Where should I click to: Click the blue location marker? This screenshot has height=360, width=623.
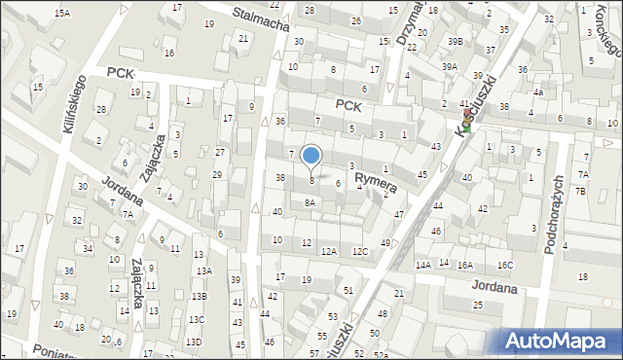311,155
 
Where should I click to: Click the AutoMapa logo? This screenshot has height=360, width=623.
562,341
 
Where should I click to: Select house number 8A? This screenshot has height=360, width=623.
310,202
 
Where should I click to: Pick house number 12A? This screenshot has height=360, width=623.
330,251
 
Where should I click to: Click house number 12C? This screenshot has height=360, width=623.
361,251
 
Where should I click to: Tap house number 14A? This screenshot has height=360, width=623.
422,265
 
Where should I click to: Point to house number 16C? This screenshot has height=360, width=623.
504,265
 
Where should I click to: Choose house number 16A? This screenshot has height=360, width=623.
465,265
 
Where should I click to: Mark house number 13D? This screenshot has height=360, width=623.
194,342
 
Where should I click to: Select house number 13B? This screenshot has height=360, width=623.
199,295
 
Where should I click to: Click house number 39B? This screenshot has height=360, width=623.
456,41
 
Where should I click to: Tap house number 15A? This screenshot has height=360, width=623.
62,13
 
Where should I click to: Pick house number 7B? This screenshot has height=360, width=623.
580,191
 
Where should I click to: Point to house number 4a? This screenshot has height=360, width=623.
537,93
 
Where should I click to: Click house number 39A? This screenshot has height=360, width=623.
449,67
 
